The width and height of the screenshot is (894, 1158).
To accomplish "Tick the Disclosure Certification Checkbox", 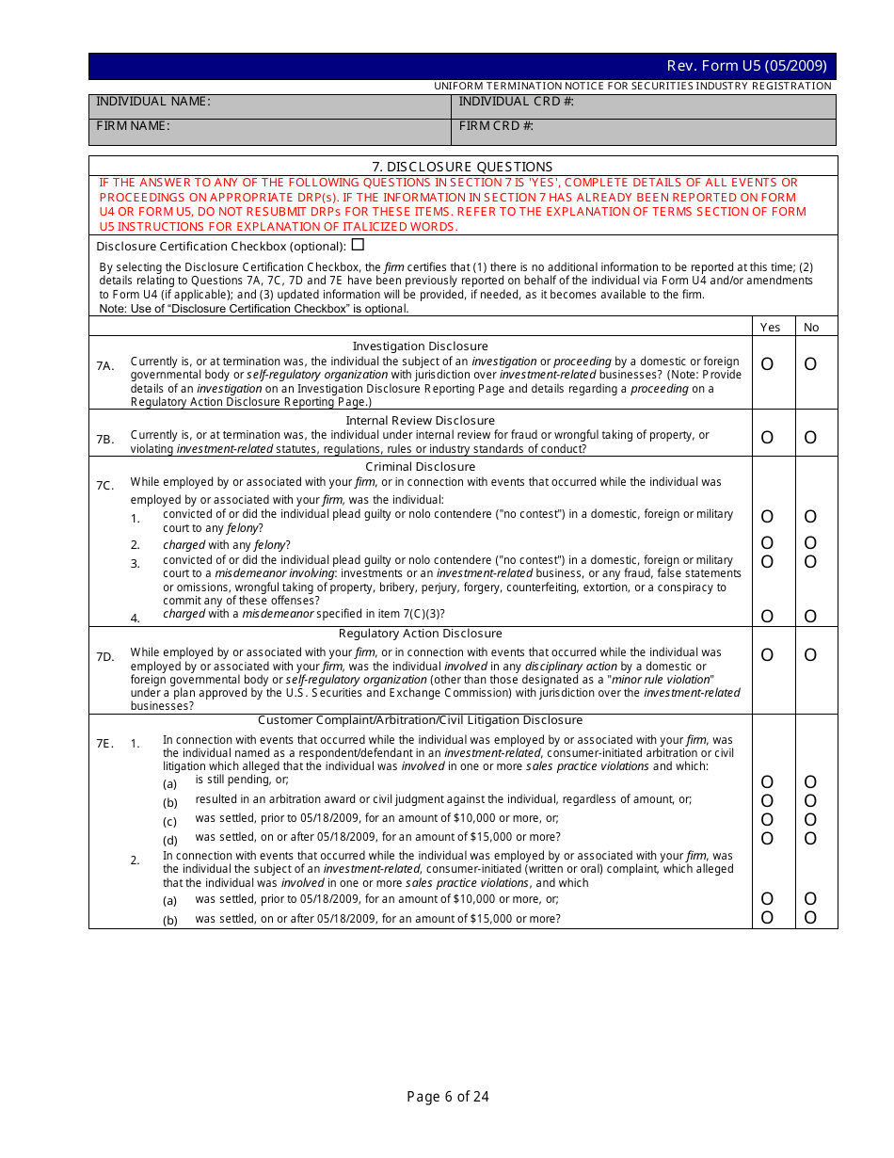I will coord(358,245).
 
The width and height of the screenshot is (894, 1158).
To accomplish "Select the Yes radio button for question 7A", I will coord(767,364).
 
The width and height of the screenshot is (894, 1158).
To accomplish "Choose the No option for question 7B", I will coord(810,438).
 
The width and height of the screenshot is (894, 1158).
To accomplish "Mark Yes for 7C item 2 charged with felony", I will coord(767,543).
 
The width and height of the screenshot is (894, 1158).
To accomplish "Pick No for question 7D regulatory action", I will coord(810,655).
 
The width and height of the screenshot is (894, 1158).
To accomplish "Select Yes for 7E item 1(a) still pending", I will coord(767,782).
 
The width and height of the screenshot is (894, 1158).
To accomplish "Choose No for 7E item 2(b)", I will coord(810,918).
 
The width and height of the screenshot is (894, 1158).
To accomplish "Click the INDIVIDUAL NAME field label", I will coord(153,102).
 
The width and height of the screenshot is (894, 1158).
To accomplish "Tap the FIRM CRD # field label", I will coord(496,126).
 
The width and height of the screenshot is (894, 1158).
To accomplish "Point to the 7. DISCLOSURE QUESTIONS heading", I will coord(462,167).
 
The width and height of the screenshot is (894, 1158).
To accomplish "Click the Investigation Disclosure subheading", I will coord(420,346).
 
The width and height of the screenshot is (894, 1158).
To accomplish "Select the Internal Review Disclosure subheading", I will coord(420,421).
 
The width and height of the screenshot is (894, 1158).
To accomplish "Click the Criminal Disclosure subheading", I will coord(420,467).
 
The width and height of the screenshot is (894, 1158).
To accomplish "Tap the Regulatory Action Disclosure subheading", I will coord(420,634).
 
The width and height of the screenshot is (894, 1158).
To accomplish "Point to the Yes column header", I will coord(770,328).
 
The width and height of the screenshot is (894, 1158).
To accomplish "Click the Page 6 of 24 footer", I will coord(448,1097).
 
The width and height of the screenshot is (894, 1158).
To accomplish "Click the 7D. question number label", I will coord(105,657).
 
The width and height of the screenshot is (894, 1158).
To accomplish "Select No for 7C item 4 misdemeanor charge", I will coord(810,617).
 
